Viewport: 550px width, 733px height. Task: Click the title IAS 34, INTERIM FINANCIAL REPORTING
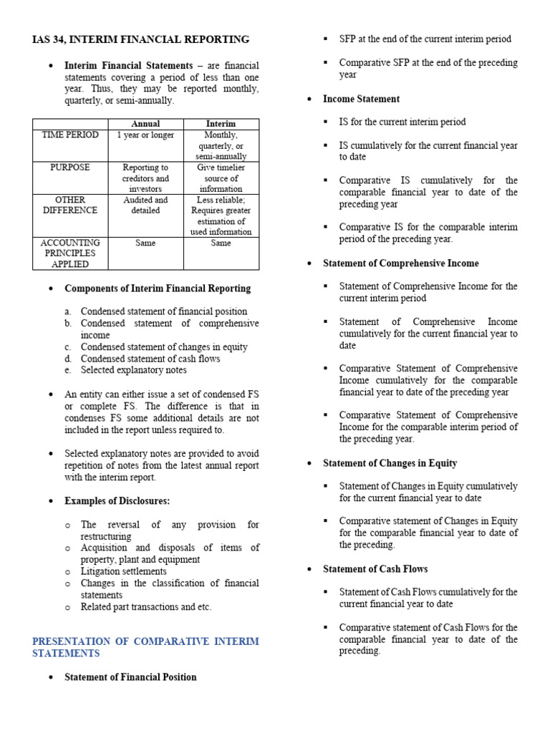point(141,39)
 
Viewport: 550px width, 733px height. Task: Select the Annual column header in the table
point(146,124)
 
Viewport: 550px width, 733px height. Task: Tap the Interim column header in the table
point(221,124)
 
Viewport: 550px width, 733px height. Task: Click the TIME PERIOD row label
point(69,135)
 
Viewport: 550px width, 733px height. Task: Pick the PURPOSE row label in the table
point(69,168)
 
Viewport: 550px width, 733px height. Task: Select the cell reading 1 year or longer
point(146,135)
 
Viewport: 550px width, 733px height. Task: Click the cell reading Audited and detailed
point(146,205)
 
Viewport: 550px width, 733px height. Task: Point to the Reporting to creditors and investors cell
point(146,178)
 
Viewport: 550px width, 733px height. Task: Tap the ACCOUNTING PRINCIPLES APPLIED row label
point(69,253)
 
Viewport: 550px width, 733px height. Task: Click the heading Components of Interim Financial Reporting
point(158,288)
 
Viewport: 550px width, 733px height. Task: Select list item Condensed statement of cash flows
point(150,359)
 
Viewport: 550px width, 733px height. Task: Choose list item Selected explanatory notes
point(134,370)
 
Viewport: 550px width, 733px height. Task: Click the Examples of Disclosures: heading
point(117,500)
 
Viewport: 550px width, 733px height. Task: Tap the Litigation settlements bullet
point(124,571)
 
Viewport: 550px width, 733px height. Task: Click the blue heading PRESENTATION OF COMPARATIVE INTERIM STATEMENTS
point(145,647)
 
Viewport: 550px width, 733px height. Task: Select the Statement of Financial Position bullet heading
point(130,676)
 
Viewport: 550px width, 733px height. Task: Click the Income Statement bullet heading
point(361,99)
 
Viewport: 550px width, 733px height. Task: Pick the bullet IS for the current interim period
point(402,122)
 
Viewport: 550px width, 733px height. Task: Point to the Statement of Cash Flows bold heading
point(375,569)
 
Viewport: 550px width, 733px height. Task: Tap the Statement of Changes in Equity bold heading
point(390,463)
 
